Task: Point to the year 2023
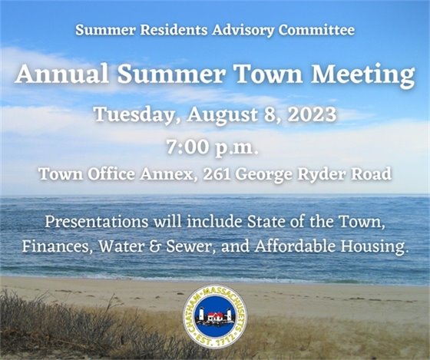point(309,115)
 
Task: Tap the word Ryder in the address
point(322,174)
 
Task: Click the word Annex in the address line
point(170,174)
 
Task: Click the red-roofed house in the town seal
point(216,315)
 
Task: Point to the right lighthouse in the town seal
point(231,315)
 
